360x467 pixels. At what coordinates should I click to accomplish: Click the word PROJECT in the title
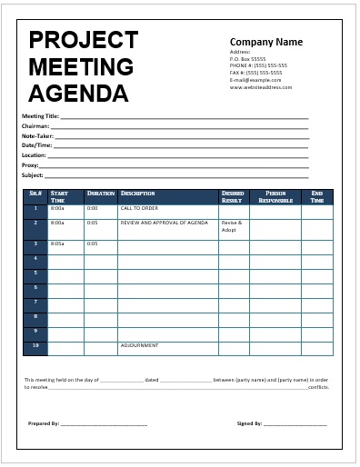click(84, 40)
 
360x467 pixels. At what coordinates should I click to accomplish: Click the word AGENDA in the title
click(78, 93)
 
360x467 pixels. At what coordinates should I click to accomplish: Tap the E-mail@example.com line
click(259, 80)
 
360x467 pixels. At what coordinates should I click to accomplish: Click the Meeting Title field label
click(40, 116)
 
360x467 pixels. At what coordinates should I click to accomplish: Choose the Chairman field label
click(36, 126)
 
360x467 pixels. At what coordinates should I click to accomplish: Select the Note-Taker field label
click(38, 135)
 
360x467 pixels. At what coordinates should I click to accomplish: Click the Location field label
click(35, 155)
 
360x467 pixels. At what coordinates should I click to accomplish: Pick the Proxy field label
click(32, 165)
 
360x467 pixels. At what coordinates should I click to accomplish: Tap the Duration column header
click(100, 194)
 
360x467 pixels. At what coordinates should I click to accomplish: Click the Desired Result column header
click(233, 196)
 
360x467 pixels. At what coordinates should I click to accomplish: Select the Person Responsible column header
click(275, 196)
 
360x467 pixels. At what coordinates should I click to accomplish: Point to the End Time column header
click(317, 196)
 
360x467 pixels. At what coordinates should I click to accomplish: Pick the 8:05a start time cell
click(58, 243)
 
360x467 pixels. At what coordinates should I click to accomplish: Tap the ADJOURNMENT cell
click(140, 345)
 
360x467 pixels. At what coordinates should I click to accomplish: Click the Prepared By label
click(44, 423)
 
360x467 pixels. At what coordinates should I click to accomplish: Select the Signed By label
click(249, 423)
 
